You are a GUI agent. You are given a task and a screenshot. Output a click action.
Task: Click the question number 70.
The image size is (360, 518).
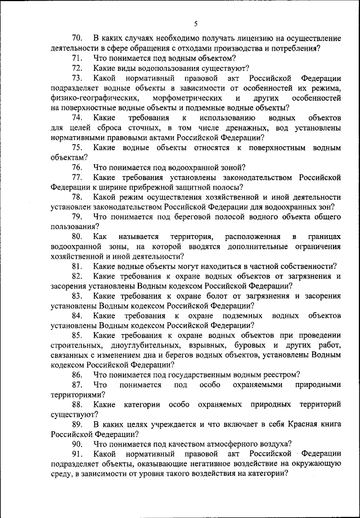(x=77, y=38)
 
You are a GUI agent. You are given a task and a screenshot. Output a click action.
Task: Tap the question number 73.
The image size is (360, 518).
(x=77, y=78)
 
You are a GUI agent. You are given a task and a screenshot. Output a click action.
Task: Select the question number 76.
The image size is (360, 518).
(x=77, y=167)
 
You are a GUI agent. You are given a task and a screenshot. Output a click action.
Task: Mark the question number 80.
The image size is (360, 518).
(x=77, y=236)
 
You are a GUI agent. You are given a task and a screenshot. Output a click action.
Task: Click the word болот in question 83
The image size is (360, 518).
(x=215, y=296)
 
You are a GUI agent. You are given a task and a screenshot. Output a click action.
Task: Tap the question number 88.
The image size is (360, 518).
(x=77, y=404)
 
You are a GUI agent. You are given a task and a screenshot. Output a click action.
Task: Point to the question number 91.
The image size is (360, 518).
(x=77, y=453)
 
